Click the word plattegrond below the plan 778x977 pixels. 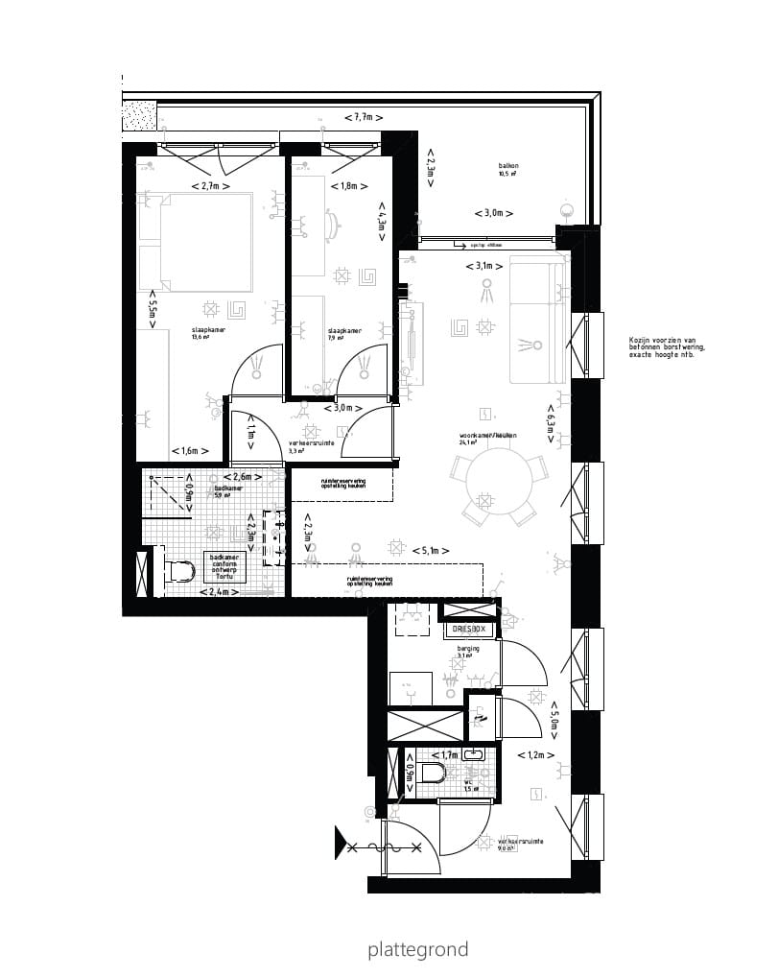click(x=417, y=950)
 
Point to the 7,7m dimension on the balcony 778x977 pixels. click(x=364, y=117)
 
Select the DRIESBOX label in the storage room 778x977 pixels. click(x=469, y=630)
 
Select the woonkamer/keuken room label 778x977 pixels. click(x=487, y=436)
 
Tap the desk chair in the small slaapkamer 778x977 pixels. click(x=332, y=224)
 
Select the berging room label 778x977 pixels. click(x=468, y=649)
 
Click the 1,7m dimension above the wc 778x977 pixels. click(x=444, y=755)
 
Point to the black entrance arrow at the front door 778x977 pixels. click(x=340, y=842)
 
